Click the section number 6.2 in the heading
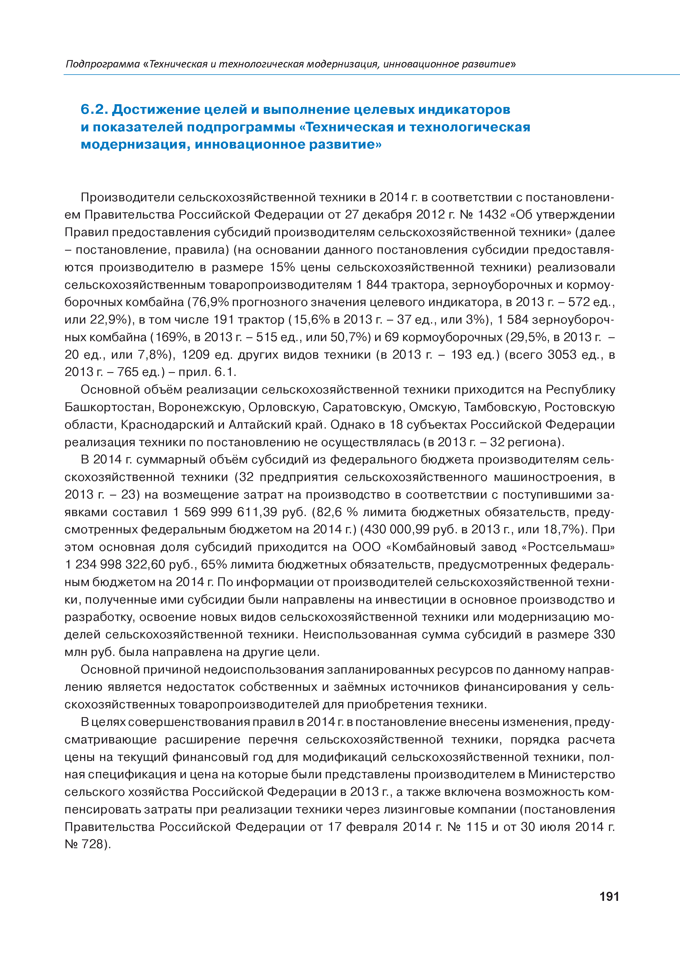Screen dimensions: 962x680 (x=95, y=109)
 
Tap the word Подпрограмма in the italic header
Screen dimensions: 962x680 (x=103, y=64)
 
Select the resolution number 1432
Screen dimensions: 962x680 (x=492, y=214)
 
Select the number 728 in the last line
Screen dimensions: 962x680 (x=92, y=844)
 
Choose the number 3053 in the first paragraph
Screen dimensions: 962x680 (x=562, y=355)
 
